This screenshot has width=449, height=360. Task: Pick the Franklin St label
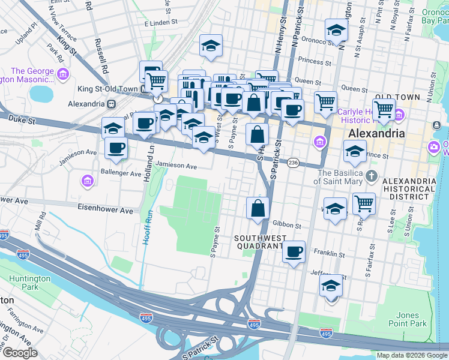pyautogui.click(x=331, y=254)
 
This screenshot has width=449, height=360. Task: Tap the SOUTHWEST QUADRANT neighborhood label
pyautogui.click(x=259, y=242)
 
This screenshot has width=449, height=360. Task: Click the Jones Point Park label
pyautogui.click(x=411, y=319)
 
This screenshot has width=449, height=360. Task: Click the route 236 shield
pyautogui.click(x=293, y=163)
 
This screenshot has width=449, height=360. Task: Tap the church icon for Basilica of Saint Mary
pyautogui.click(x=372, y=176)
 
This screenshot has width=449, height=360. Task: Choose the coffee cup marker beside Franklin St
pyautogui.click(x=294, y=252)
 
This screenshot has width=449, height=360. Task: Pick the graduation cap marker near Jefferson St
pyautogui.click(x=331, y=286)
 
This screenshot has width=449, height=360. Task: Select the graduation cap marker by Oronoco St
pyautogui.click(x=336, y=29)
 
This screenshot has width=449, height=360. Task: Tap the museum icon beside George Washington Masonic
pyautogui.click(x=64, y=74)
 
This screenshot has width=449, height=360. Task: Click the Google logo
pyautogui.click(x=20, y=353)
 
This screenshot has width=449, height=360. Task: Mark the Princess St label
pyautogui.click(x=319, y=62)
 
